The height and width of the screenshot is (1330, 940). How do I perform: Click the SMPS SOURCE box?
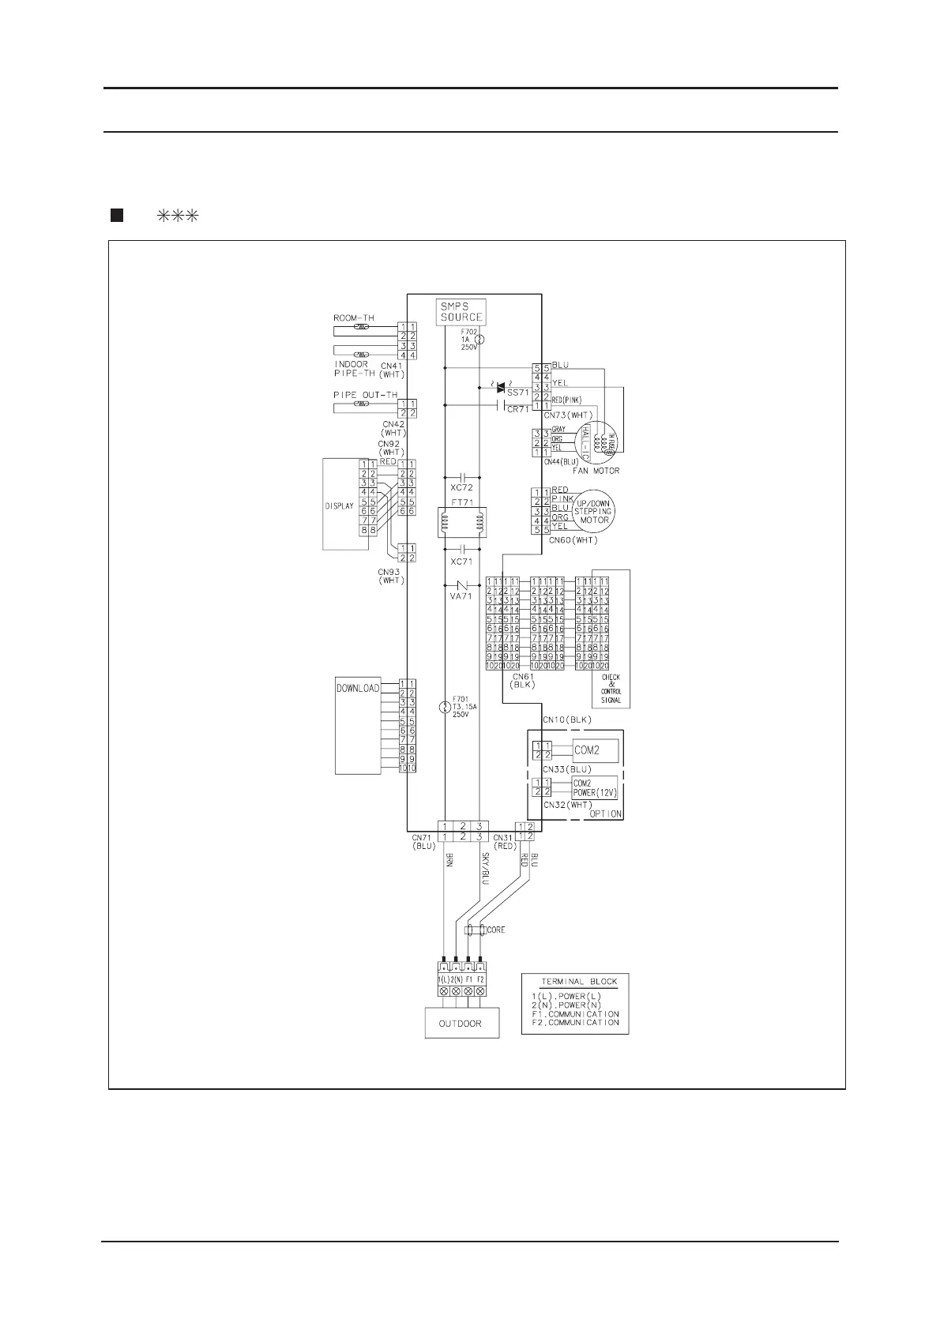(461, 312)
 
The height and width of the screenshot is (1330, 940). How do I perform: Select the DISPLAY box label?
(339, 506)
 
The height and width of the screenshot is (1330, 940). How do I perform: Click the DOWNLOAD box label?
(358, 688)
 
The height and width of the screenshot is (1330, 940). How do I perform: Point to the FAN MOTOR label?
(596, 471)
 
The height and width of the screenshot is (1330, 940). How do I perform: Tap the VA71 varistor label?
(461, 597)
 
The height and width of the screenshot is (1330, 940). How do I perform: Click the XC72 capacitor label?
(461, 488)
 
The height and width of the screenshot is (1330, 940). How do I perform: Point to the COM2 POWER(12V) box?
(594, 788)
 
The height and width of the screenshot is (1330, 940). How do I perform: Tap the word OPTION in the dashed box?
(606, 813)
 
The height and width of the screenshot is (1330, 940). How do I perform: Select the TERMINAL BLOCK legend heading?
(579, 982)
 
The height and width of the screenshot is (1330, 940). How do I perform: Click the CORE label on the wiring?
(495, 930)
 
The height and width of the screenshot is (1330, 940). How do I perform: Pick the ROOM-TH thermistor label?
(353, 318)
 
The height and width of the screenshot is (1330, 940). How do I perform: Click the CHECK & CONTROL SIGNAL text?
(611, 689)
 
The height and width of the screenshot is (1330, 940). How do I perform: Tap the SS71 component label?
(517, 393)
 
